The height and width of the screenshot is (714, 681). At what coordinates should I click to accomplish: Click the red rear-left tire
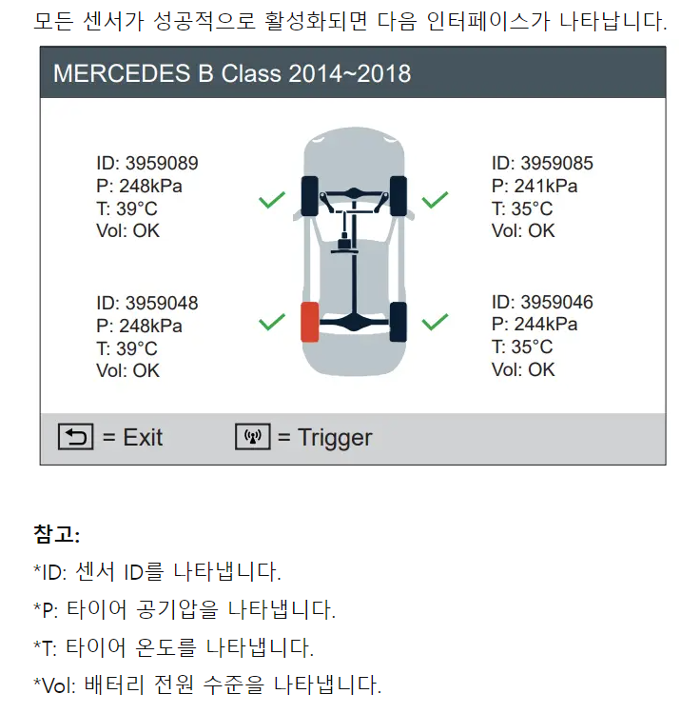coord(310,322)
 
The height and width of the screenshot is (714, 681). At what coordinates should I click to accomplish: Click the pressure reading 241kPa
coord(546,186)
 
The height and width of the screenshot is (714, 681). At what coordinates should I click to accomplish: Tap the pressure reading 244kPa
coord(546,324)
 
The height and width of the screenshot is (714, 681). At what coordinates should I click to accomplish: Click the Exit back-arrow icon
coord(75,437)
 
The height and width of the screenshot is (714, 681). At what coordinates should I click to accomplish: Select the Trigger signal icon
coord(253,437)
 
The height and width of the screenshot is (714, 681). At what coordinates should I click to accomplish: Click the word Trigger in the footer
coord(335,438)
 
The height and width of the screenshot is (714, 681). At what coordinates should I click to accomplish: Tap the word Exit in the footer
coord(143,438)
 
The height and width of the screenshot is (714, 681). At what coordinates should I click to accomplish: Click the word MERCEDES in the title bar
coord(122,73)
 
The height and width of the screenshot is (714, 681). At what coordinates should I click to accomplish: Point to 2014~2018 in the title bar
coord(349,73)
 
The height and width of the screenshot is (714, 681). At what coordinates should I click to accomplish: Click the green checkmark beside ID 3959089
coord(272,200)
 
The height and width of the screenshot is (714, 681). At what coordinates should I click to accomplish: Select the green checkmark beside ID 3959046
coord(435,322)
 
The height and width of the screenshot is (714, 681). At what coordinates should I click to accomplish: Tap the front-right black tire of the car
coord(399,196)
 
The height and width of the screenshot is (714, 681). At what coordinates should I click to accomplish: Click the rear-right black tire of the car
coord(399,322)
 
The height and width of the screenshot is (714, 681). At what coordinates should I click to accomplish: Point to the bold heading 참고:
coord(57,534)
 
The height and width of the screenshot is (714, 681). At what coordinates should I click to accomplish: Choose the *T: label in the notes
coord(46,647)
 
